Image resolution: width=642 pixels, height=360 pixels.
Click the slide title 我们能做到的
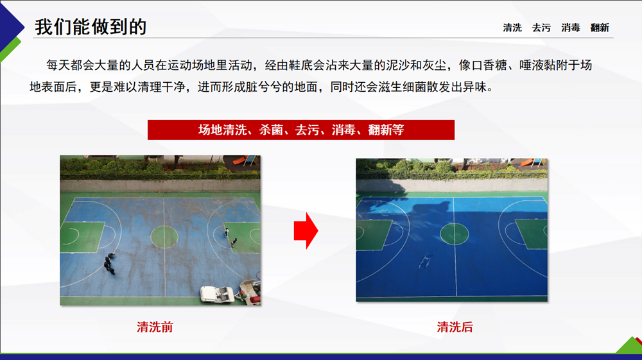point(91,27)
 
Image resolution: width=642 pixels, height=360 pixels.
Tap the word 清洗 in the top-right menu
point(512,28)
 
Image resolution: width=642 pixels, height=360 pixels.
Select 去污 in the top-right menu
point(541,28)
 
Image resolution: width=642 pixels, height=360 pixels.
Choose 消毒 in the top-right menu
point(571,28)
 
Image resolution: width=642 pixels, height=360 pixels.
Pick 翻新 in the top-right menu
point(600,28)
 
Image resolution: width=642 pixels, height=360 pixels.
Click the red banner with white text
point(301,130)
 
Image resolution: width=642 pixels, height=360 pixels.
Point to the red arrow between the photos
point(306,231)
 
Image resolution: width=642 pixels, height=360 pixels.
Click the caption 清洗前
point(155,327)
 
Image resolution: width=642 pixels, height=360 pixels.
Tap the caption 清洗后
point(455,327)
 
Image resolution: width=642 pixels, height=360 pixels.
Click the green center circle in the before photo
point(164,237)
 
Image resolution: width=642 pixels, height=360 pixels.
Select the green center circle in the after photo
point(454,234)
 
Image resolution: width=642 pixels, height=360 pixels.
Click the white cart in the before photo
point(216,294)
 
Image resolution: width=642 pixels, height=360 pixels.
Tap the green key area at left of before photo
point(82,237)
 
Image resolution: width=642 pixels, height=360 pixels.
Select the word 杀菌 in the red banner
point(271,130)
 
